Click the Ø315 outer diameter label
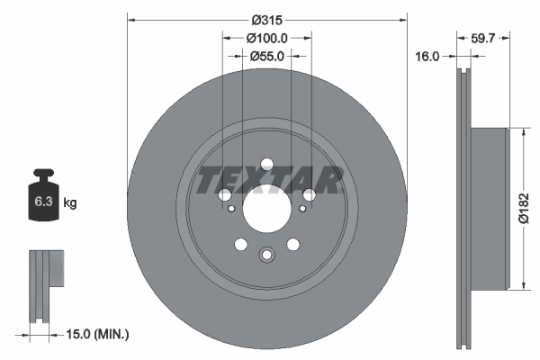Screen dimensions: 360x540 [267, 19]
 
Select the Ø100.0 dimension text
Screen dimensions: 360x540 [266, 38]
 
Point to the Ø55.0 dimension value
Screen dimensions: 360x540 [266, 56]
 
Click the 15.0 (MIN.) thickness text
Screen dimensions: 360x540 [98, 334]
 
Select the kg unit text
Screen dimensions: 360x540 [70, 203]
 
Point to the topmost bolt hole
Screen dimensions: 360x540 [266, 164]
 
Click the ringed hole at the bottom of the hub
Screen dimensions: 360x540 [266, 255]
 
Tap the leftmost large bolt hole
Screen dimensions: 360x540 [224, 194]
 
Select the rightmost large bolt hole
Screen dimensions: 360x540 [309, 194]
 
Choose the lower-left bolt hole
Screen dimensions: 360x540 [240, 244]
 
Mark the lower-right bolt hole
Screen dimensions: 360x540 [292, 244]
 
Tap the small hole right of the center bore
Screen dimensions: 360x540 [301, 209]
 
